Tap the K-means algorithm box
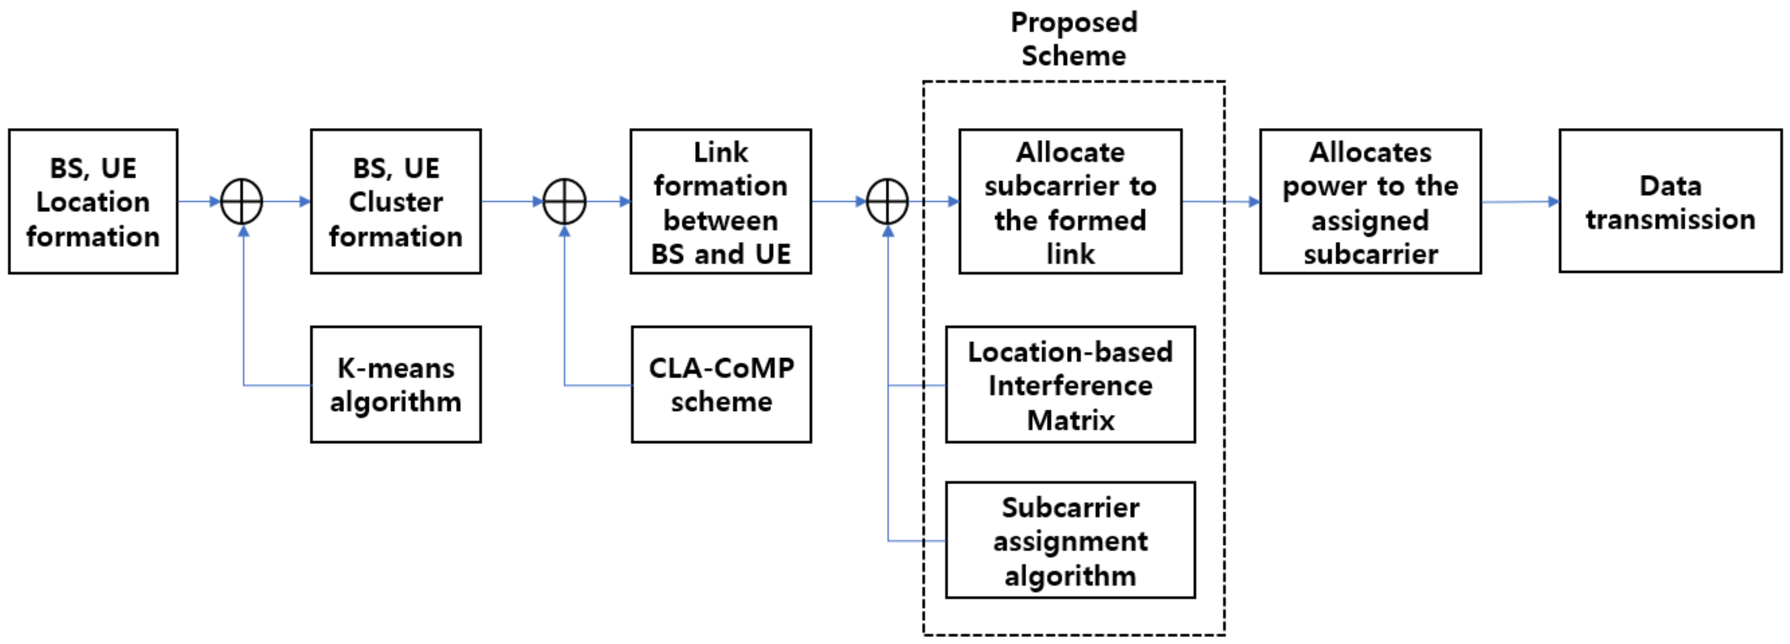395,384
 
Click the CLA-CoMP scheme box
721,384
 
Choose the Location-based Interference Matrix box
1070,384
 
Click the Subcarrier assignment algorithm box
1070,540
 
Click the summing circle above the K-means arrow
242,202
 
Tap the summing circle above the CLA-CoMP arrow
564,202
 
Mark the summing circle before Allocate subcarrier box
887,202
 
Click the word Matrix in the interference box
1070,420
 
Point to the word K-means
395,368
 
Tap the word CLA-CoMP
721,368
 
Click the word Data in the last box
1670,186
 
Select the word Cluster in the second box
395,202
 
